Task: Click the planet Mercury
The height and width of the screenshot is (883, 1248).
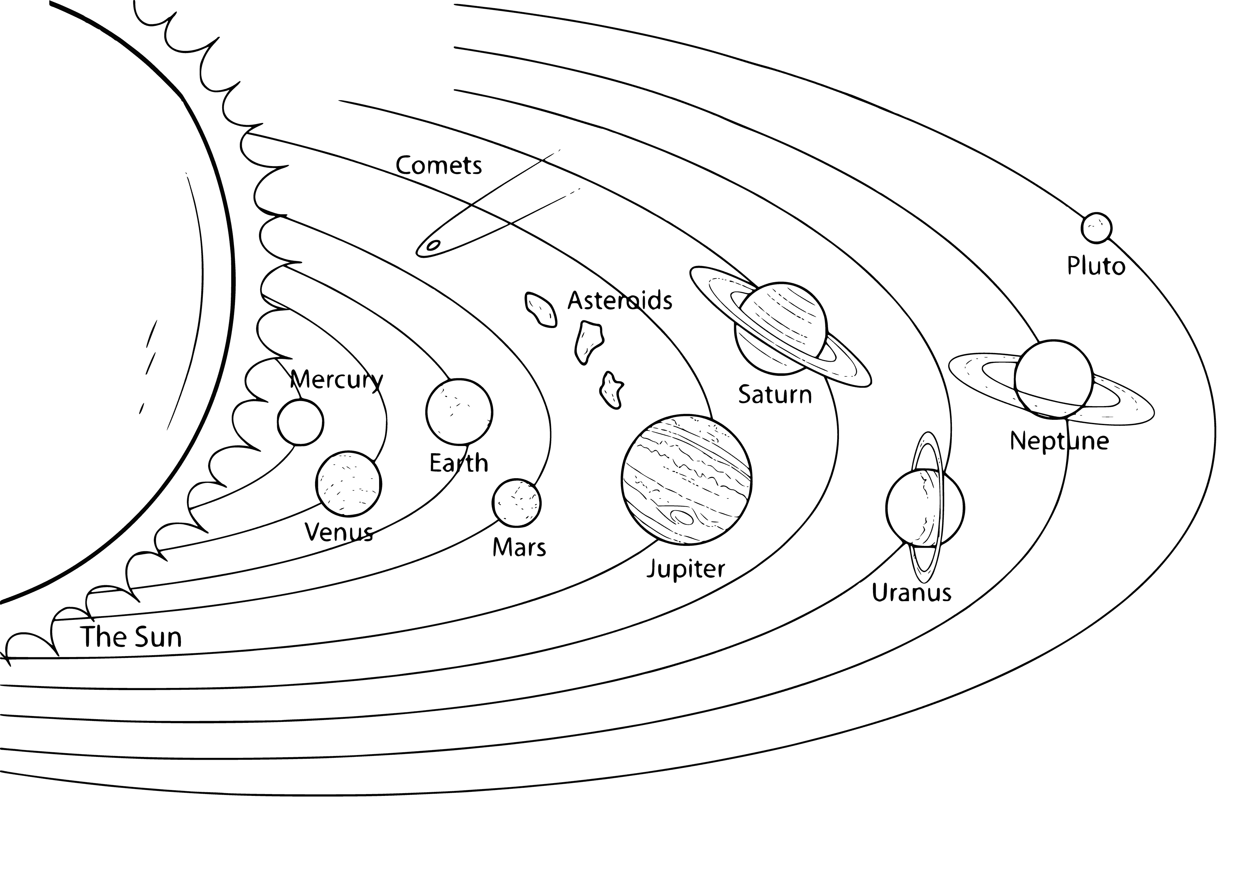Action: click(x=300, y=422)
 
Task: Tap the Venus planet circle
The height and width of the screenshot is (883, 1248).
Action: click(x=349, y=483)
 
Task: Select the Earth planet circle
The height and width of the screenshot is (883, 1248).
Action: click(x=459, y=412)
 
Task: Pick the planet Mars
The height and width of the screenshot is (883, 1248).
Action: click(x=516, y=503)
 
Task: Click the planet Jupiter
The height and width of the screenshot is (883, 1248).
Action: click(x=686, y=480)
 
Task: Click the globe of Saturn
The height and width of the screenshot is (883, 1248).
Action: click(x=781, y=328)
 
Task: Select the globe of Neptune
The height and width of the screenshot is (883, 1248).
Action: click(x=1053, y=379)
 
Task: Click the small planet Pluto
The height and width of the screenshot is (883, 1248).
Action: click(x=1096, y=228)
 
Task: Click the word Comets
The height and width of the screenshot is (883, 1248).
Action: click(x=439, y=165)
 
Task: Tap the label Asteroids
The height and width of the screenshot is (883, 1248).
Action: click(x=620, y=300)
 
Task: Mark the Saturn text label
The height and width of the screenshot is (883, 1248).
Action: click(x=775, y=394)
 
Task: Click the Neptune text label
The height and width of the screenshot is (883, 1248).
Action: click(x=1059, y=441)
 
